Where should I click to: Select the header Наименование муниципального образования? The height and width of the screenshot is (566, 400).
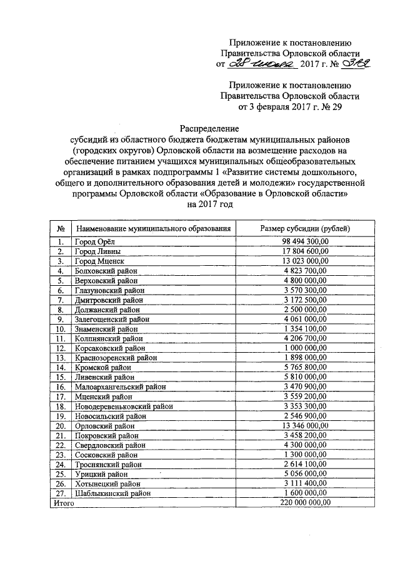click(x=154, y=229)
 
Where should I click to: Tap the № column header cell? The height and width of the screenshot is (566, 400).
click(x=61, y=229)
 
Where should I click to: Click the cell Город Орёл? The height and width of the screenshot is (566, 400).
click(x=95, y=241)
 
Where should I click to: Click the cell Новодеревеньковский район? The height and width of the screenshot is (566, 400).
click(x=123, y=407)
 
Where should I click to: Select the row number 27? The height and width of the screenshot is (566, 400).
click(x=61, y=493)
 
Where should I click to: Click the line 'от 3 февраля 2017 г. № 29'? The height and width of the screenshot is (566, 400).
click(x=289, y=106)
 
